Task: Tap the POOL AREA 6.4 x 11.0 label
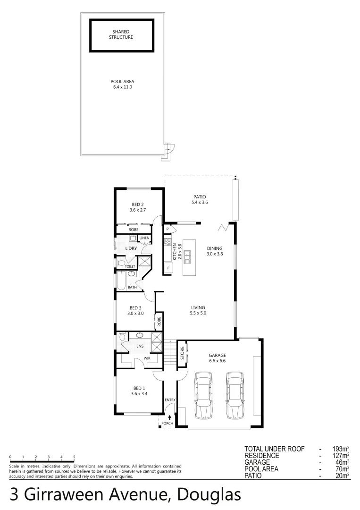pyautogui.click(x=122, y=85)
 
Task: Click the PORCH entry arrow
pyautogui.click(x=170, y=417)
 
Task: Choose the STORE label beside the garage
pyautogui.click(x=182, y=353)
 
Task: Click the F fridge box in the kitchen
pyautogui.click(x=167, y=269)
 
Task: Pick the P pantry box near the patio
pyautogui.click(x=167, y=229)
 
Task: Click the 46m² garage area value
pyautogui.click(x=342, y=462)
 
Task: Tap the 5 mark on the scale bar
pyautogui.click(x=74, y=457)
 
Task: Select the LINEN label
pyautogui.click(x=144, y=238)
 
